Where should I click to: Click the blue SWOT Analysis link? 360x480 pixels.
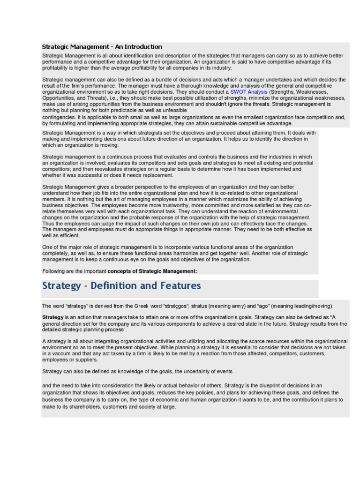[248, 92]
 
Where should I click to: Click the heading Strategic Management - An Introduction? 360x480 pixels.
[102, 47]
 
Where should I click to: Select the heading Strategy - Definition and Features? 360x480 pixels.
[121, 286]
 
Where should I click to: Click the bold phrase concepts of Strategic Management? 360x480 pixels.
[152, 271]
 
